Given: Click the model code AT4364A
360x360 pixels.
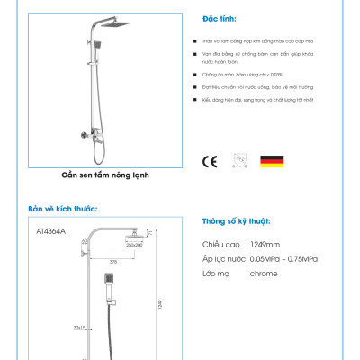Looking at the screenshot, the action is pyautogui.click(x=49, y=232).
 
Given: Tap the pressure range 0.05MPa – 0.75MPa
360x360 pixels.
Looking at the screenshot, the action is pyautogui.click(x=282, y=258).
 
